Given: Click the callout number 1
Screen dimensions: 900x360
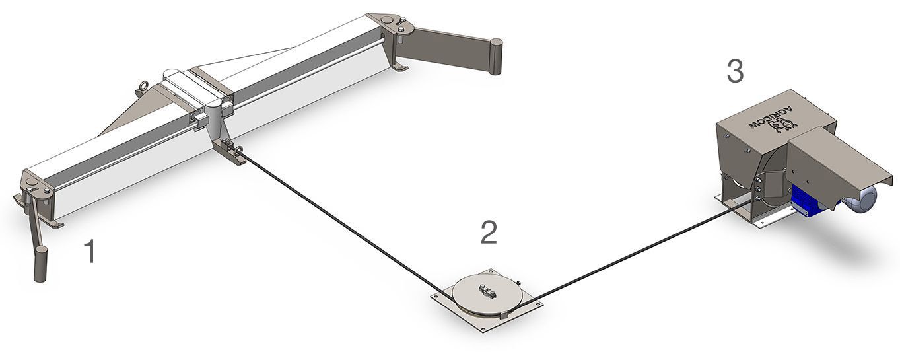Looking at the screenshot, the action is point(91,251).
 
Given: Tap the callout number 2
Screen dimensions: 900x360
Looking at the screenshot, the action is point(489,233).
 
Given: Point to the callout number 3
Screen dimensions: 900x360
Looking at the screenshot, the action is point(736,71).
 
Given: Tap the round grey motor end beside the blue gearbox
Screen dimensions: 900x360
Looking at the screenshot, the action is point(862,199).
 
